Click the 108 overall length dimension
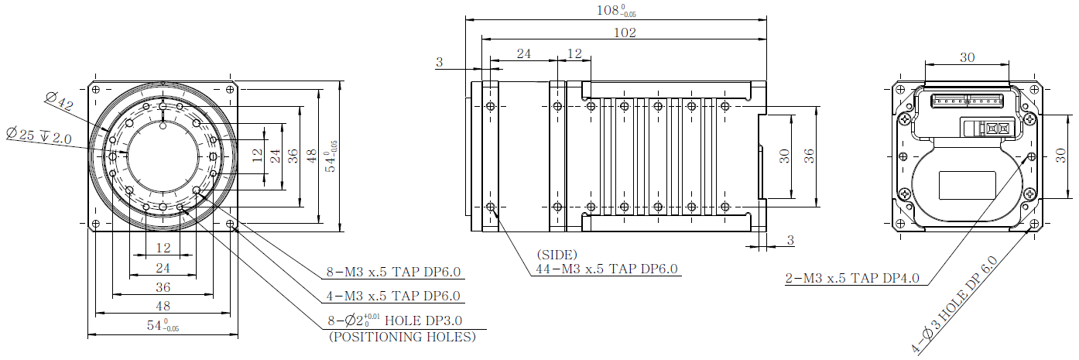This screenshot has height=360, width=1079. click(616, 10)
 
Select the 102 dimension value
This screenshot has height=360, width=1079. click(625, 33)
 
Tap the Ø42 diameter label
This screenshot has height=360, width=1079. click(59, 101)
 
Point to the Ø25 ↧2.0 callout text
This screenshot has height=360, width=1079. click(39, 135)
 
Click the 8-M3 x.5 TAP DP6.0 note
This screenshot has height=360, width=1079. click(393, 272)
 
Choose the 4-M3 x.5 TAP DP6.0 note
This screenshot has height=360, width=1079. click(393, 296)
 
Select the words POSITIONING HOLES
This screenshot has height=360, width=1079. click(402, 337)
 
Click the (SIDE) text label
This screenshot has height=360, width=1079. click(557, 255)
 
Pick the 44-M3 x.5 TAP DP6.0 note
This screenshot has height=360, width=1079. click(607, 269)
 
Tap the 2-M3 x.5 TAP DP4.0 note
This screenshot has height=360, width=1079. click(852, 278)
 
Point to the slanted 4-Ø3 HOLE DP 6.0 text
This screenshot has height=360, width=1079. click(954, 305)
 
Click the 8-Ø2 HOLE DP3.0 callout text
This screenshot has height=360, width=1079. click(395, 320)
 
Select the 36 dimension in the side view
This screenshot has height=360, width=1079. click(809, 156)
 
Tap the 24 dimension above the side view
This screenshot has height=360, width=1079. click(523, 53)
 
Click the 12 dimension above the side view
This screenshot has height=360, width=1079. click(574, 53)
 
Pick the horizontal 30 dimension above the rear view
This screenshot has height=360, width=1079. click(968, 57)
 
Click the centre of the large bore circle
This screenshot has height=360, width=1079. click(163, 156)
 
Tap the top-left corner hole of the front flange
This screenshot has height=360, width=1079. click(96, 89)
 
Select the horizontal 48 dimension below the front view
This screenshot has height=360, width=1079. click(163, 306)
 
